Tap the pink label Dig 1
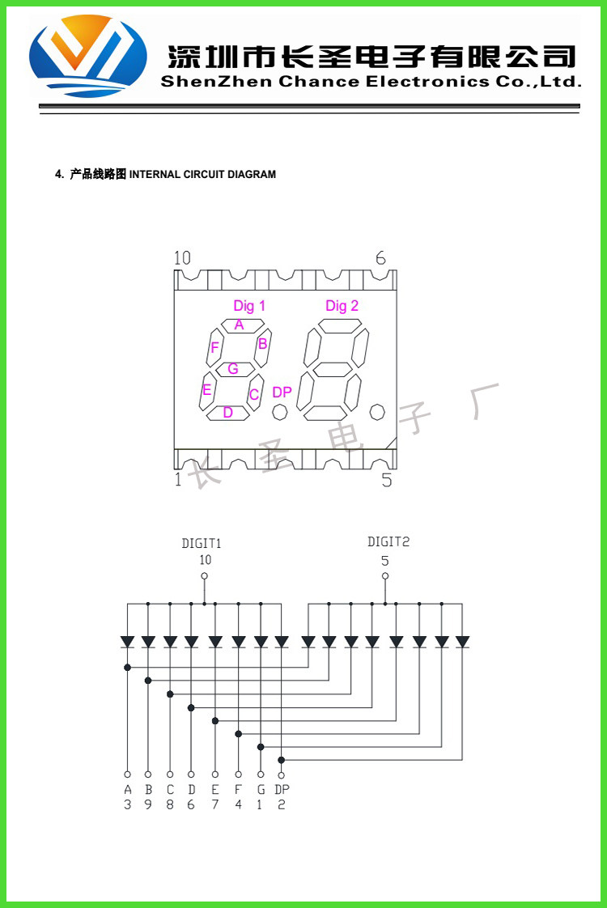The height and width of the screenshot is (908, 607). [x=249, y=306]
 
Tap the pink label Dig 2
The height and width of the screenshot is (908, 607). [x=342, y=306]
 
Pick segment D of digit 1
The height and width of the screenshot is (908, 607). [x=227, y=413]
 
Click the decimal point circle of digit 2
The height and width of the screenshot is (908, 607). [x=376, y=413]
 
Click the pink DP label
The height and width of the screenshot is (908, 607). [x=282, y=392]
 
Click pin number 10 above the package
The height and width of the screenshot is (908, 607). [x=182, y=258]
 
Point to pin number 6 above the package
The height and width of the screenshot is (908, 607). [x=380, y=258]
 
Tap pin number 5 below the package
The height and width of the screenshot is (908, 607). [x=386, y=480]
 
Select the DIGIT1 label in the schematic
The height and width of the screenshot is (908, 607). [x=202, y=544]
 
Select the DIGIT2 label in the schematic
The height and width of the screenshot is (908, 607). [x=388, y=542]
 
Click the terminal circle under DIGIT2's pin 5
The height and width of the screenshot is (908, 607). [x=385, y=576]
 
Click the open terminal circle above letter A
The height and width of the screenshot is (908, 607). [x=127, y=774]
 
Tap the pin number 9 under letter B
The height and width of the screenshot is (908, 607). [x=148, y=804]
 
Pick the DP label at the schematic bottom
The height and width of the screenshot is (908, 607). [x=282, y=789]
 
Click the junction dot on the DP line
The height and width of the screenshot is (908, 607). [x=282, y=760]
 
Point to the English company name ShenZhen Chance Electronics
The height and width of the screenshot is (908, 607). [x=371, y=81]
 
